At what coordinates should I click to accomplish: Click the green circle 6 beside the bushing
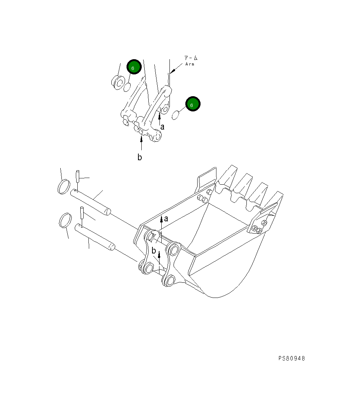134,67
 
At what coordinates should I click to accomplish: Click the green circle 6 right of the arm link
192,104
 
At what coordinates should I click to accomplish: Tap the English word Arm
190,64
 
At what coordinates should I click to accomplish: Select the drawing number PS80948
292,358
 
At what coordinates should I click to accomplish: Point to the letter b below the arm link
139,157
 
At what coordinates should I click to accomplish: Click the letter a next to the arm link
162,127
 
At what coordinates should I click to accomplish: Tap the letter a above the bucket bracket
166,219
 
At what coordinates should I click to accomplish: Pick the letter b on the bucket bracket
154,251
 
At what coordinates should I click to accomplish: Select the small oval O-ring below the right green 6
176,115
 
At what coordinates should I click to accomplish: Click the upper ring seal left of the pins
64,186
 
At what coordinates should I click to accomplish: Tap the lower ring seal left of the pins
65,221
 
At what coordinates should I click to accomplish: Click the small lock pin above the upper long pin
78,176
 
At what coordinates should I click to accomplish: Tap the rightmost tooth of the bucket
275,202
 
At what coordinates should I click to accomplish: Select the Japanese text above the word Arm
191,58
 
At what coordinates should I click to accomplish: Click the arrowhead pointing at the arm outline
173,71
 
